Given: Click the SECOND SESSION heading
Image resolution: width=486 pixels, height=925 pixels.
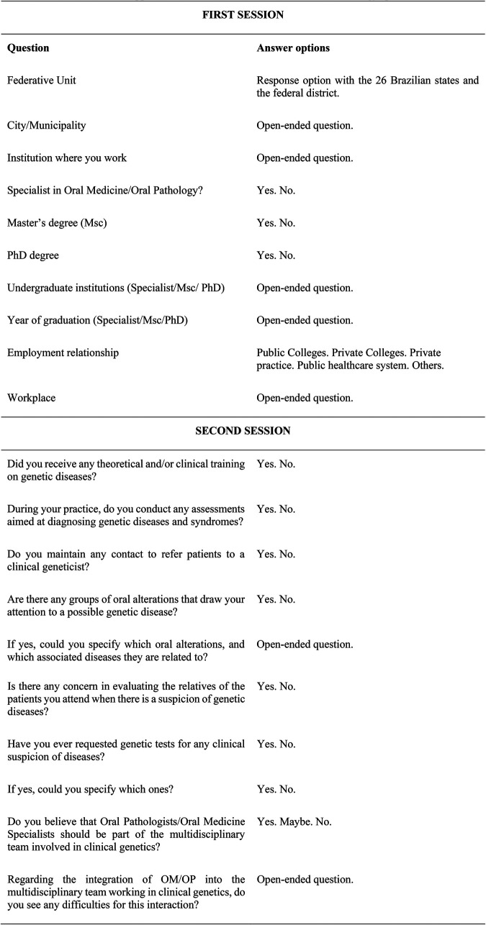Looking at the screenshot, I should pyautogui.click(x=242, y=431).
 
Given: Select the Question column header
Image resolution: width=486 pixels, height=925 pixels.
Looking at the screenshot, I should pyautogui.click(x=28, y=49).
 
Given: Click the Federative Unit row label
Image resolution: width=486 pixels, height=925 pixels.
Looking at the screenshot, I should pyautogui.click(x=41, y=81).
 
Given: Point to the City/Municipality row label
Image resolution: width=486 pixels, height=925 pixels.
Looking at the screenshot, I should pyautogui.click(x=46, y=125).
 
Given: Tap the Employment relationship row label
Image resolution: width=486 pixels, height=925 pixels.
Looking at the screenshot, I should pyautogui.click(x=63, y=353).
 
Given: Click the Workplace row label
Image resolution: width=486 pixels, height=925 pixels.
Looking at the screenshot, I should pyautogui.click(x=32, y=397).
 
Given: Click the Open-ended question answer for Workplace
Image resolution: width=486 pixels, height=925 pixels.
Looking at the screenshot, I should pyautogui.click(x=305, y=397).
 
